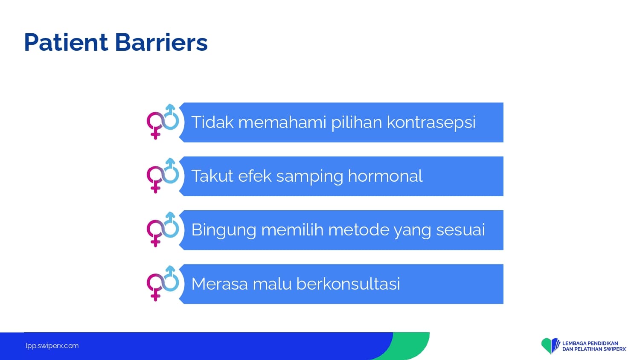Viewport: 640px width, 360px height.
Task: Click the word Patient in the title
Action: (66, 43)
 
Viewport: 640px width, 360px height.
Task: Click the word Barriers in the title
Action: (161, 43)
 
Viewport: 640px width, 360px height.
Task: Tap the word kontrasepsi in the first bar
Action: (431, 123)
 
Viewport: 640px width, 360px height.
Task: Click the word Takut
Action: (212, 176)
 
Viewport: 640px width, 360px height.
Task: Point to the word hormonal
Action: (385, 176)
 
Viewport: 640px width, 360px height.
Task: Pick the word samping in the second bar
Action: (310, 177)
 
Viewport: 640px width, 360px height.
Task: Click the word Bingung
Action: (224, 230)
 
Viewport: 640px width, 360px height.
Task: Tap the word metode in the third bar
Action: (358, 230)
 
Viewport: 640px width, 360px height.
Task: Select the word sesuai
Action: (460, 230)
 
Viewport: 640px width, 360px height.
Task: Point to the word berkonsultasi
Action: (348, 284)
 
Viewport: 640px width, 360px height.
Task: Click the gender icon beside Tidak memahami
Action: (163, 122)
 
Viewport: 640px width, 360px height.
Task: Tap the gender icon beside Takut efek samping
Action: (163, 175)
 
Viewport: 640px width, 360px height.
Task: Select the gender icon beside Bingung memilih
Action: (163, 229)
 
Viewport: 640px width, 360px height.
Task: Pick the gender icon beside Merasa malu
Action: (163, 283)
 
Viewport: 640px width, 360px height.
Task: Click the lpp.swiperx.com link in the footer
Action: (52, 346)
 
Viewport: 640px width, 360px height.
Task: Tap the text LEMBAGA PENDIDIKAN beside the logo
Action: (590, 343)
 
